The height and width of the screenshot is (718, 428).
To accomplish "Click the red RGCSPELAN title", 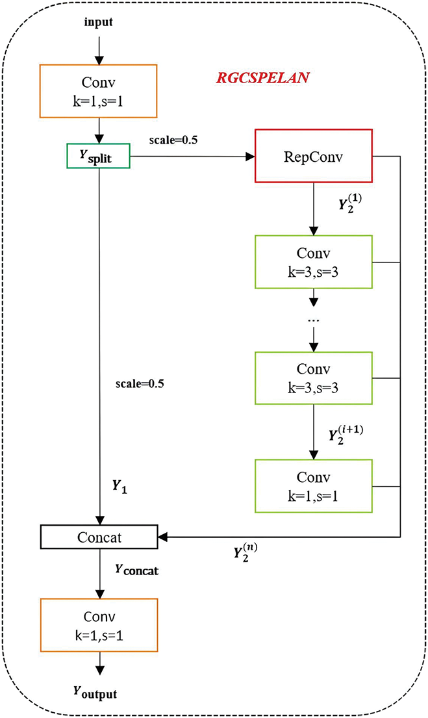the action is tap(263, 78).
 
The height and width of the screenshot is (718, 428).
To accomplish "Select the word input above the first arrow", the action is tap(98, 22).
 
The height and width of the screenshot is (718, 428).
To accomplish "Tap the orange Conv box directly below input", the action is tap(99, 91).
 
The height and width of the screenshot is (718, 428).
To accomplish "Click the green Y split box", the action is tap(99, 156).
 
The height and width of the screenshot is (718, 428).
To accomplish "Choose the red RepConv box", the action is tap(314, 156).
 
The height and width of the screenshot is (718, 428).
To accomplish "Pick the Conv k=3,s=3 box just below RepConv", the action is tap(314, 262).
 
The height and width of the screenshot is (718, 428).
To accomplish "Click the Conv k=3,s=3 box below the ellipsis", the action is tap(314, 378).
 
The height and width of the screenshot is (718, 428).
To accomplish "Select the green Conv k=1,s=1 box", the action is tap(314, 486).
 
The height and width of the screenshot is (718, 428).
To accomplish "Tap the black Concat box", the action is tap(99, 537).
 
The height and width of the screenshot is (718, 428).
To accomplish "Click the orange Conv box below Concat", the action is tap(99, 625).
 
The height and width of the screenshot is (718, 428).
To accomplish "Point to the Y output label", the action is tap(95, 693).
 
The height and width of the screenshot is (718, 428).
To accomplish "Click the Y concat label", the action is tap(136, 570).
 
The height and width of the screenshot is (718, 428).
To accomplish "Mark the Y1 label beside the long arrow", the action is tap(120, 487).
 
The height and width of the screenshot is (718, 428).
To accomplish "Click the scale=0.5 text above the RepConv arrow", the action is tap(173, 140).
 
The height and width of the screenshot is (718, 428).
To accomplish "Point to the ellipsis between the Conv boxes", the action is tap(314, 320).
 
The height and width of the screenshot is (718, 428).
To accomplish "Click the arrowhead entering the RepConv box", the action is tap(250, 157).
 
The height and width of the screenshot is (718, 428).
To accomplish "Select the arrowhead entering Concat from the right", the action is tap(163, 537).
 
